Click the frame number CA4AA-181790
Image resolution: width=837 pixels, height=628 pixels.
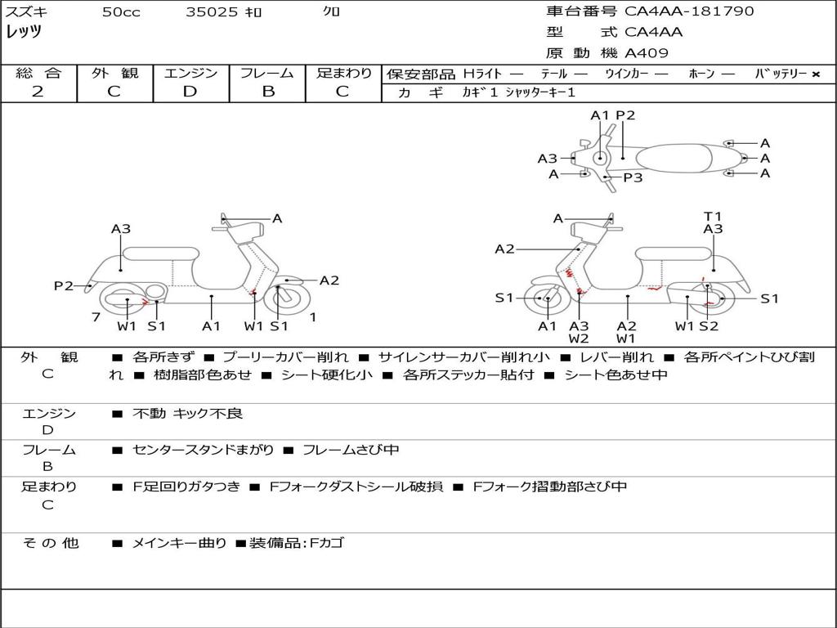click(689, 11)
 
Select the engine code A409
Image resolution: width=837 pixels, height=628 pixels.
click(647, 54)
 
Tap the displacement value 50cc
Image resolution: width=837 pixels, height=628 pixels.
click(121, 12)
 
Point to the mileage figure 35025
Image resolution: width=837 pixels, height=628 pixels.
click(212, 12)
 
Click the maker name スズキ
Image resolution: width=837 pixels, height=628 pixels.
click(25, 12)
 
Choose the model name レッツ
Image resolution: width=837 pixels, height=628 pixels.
click(24, 32)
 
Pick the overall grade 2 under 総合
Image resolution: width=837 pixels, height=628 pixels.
click(38, 92)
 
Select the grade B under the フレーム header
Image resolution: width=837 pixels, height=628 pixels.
click(267, 92)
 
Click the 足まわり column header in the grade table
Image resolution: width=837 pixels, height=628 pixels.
click(343, 74)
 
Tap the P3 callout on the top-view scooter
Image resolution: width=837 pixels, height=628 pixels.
click(633, 177)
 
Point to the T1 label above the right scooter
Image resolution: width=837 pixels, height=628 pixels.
click(713, 217)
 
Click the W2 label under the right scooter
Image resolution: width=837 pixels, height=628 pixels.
click(579, 339)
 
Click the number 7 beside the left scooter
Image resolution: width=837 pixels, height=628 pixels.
click(96, 316)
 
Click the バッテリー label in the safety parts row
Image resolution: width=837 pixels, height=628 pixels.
click(781, 74)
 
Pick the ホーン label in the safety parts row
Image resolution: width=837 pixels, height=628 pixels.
click(701, 74)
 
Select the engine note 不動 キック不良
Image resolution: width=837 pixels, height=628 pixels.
click(188, 414)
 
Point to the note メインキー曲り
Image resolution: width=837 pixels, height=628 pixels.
click(179, 542)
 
